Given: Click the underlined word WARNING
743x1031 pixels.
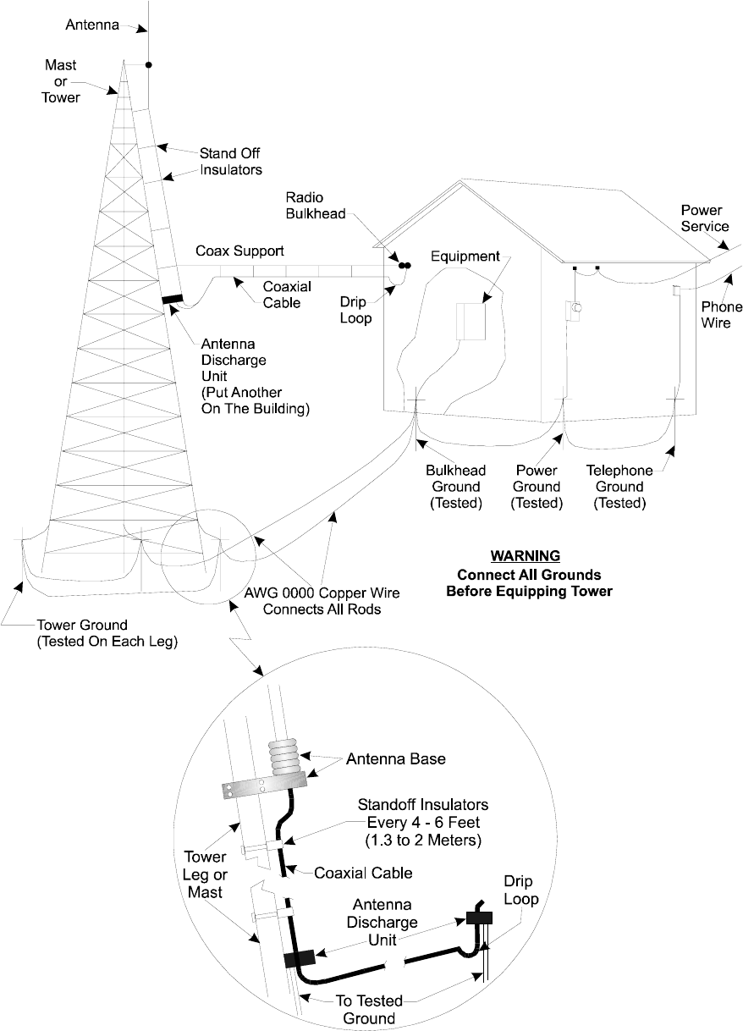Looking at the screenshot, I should point(526,556).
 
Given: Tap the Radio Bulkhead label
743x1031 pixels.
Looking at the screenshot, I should point(315,206).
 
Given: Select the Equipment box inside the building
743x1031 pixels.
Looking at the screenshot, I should point(470,323).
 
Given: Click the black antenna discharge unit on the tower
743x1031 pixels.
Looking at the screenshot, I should point(173,298).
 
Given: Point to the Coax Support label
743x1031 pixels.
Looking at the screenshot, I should point(240,251).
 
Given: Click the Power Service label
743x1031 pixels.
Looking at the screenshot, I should point(705,219).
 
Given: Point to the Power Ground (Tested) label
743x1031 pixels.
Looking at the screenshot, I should point(537,487).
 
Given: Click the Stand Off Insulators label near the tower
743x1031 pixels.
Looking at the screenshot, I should point(230,161).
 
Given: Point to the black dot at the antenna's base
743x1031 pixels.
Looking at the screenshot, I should point(149,64).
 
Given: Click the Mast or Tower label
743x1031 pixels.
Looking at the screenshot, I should point(60,81).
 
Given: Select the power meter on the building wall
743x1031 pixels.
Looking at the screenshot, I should point(574,310).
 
